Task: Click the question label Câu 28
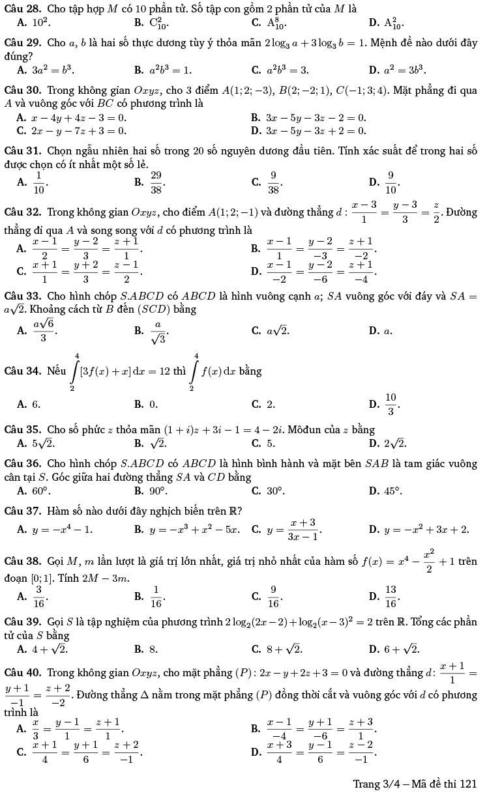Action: pyautogui.click(x=22, y=8)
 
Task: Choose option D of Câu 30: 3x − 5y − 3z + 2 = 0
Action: pyautogui.click(x=316, y=130)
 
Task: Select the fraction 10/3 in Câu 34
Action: pyautogui.click(x=390, y=404)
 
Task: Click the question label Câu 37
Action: pyautogui.click(x=22, y=509)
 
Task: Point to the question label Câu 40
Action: pyautogui.click(x=22, y=672)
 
